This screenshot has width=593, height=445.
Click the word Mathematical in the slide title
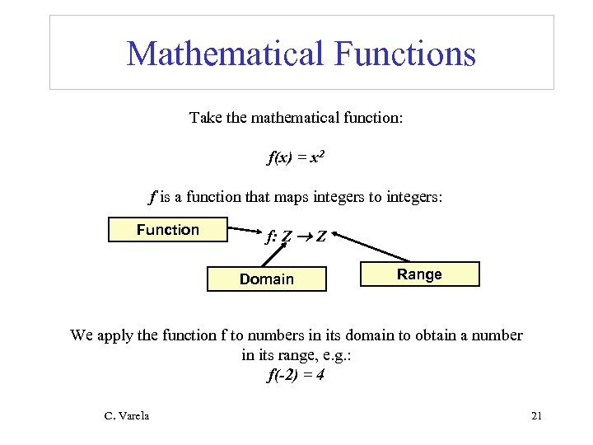[225, 54]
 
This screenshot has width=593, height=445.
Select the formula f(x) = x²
[296, 158]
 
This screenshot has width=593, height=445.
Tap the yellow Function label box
[167, 230]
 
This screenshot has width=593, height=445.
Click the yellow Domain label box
[266, 279]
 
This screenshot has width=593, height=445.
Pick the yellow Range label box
[419, 274]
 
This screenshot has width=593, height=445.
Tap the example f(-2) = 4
[296, 376]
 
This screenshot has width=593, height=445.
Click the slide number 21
[536, 416]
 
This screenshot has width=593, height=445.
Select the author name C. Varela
[127, 416]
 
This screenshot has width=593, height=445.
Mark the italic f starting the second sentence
[152, 198]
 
